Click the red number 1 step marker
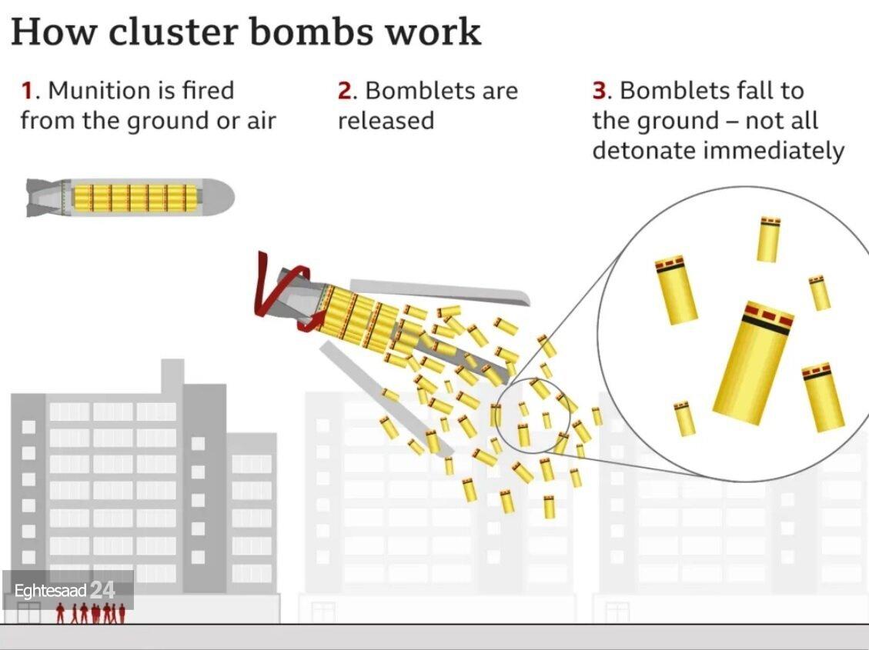tap(28, 91)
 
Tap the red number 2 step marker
tap(345, 91)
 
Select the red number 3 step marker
tap(600, 91)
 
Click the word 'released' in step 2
tap(386, 121)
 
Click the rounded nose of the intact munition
tap(219, 197)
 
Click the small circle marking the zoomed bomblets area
tap(531, 415)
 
